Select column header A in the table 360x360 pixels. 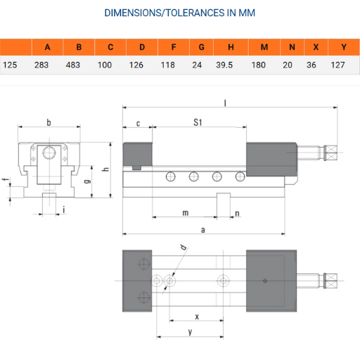(47, 47)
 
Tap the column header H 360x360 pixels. (231, 47)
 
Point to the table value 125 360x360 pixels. (11, 65)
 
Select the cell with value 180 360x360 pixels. (264, 65)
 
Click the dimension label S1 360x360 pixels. (198, 123)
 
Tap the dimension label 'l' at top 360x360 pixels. (225, 103)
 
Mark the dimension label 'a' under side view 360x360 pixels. (203, 230)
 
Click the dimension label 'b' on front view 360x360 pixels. (49, 123)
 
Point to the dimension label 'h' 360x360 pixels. (105, 169)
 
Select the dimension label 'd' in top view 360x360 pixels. (183, 247)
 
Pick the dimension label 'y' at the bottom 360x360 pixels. (191, 330)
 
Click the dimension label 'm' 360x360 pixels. (185, 212)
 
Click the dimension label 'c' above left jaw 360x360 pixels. (138, 123)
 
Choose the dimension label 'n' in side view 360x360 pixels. (237, 212)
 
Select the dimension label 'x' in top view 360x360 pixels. (196, 316)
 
